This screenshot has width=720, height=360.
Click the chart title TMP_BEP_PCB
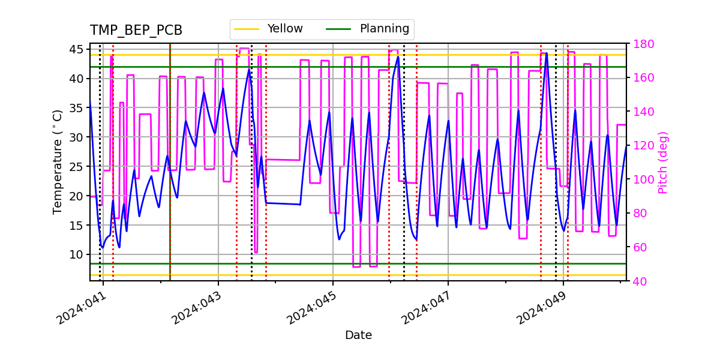(x=136, y=31)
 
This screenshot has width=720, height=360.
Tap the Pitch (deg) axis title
(x=662, y=162)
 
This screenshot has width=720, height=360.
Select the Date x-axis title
(x=358, y=335)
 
